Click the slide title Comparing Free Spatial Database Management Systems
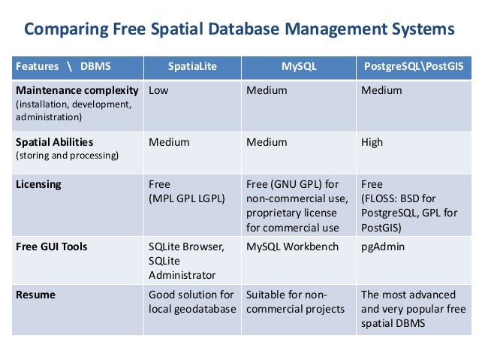pyautogui.click(x=239, y=30)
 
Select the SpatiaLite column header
pyautogui.click(x=192, y=66)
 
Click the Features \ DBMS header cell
pyautogui.click(x=63, y=66)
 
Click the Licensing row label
pyautogui.click(x=38, y=184)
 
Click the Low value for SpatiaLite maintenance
pyautogui.click(x=158, y=90)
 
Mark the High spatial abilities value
pyautogui.click(x=372, y=141)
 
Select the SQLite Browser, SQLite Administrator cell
pyautogui.click(x=185, y=260)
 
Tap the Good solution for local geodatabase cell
pyautogui.click(x=191, y=301)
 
